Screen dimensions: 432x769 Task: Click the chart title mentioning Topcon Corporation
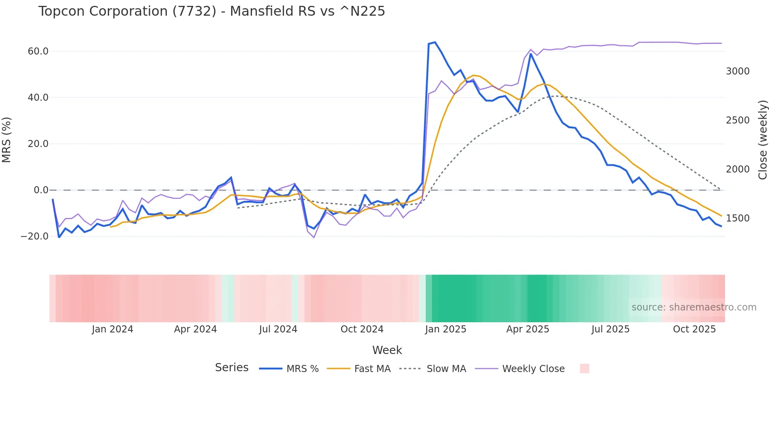point(211,11)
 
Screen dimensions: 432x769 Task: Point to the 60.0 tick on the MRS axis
point(38,51)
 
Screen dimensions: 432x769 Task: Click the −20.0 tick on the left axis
point(35,236)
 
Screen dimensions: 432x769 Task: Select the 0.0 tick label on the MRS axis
point(41,190)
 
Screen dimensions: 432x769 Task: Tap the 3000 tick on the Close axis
point(738,71)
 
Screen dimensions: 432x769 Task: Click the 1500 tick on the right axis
point(738,218)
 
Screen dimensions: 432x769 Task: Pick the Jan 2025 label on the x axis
point(445,329)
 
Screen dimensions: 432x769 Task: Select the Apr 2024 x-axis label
point(195,329)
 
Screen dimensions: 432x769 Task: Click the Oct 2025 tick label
point(694,329)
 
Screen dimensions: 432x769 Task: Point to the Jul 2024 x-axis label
point(278,329)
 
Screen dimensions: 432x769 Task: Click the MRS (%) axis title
point(7,140)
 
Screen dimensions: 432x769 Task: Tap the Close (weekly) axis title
point(762,140)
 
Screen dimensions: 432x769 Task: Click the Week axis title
point(387,350)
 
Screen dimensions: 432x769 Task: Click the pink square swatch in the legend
point(584,368)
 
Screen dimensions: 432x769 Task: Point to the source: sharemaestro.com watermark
point(694,307)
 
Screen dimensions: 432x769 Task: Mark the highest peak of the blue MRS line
point(435,42)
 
